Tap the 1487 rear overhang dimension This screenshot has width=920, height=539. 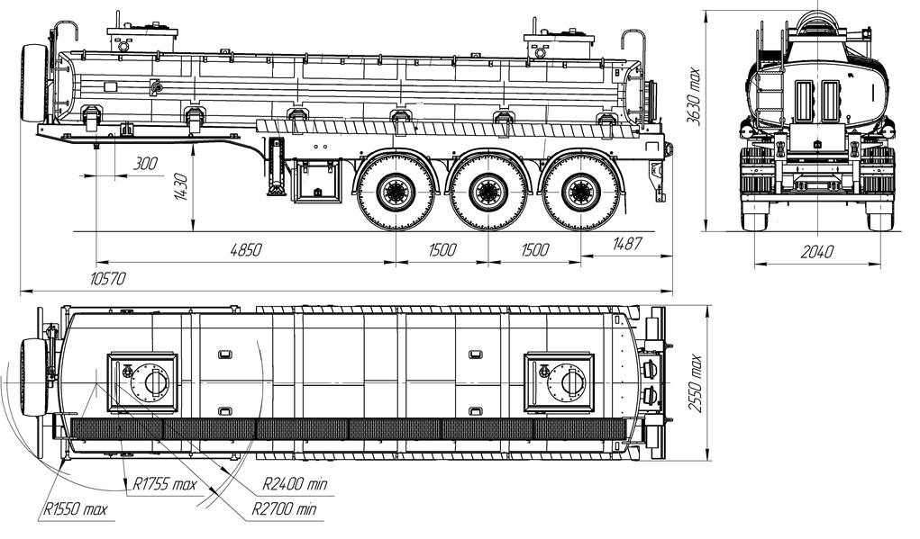coord(627,244)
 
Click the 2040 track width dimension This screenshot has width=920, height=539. coord(816,251)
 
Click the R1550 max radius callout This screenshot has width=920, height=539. coord(75,509)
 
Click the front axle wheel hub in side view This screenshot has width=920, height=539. coord(394,192)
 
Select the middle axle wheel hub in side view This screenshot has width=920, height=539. coord(487,192)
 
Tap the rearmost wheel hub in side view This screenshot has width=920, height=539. coord(579,192)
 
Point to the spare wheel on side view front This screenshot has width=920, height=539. coord(32,84)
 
